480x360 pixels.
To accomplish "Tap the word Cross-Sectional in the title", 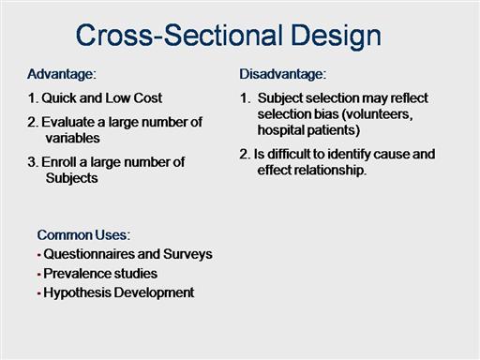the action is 180,35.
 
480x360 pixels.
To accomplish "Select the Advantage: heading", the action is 62,75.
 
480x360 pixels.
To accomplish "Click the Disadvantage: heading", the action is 283,74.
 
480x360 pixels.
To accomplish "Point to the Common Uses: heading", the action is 83,235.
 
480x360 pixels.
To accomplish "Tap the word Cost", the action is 147,98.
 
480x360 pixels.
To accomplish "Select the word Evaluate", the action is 67,122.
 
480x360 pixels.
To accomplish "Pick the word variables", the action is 72,138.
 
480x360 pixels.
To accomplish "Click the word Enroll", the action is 58,162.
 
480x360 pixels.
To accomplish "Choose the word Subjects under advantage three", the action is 71,178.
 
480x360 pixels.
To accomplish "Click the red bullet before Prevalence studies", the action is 39,275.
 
